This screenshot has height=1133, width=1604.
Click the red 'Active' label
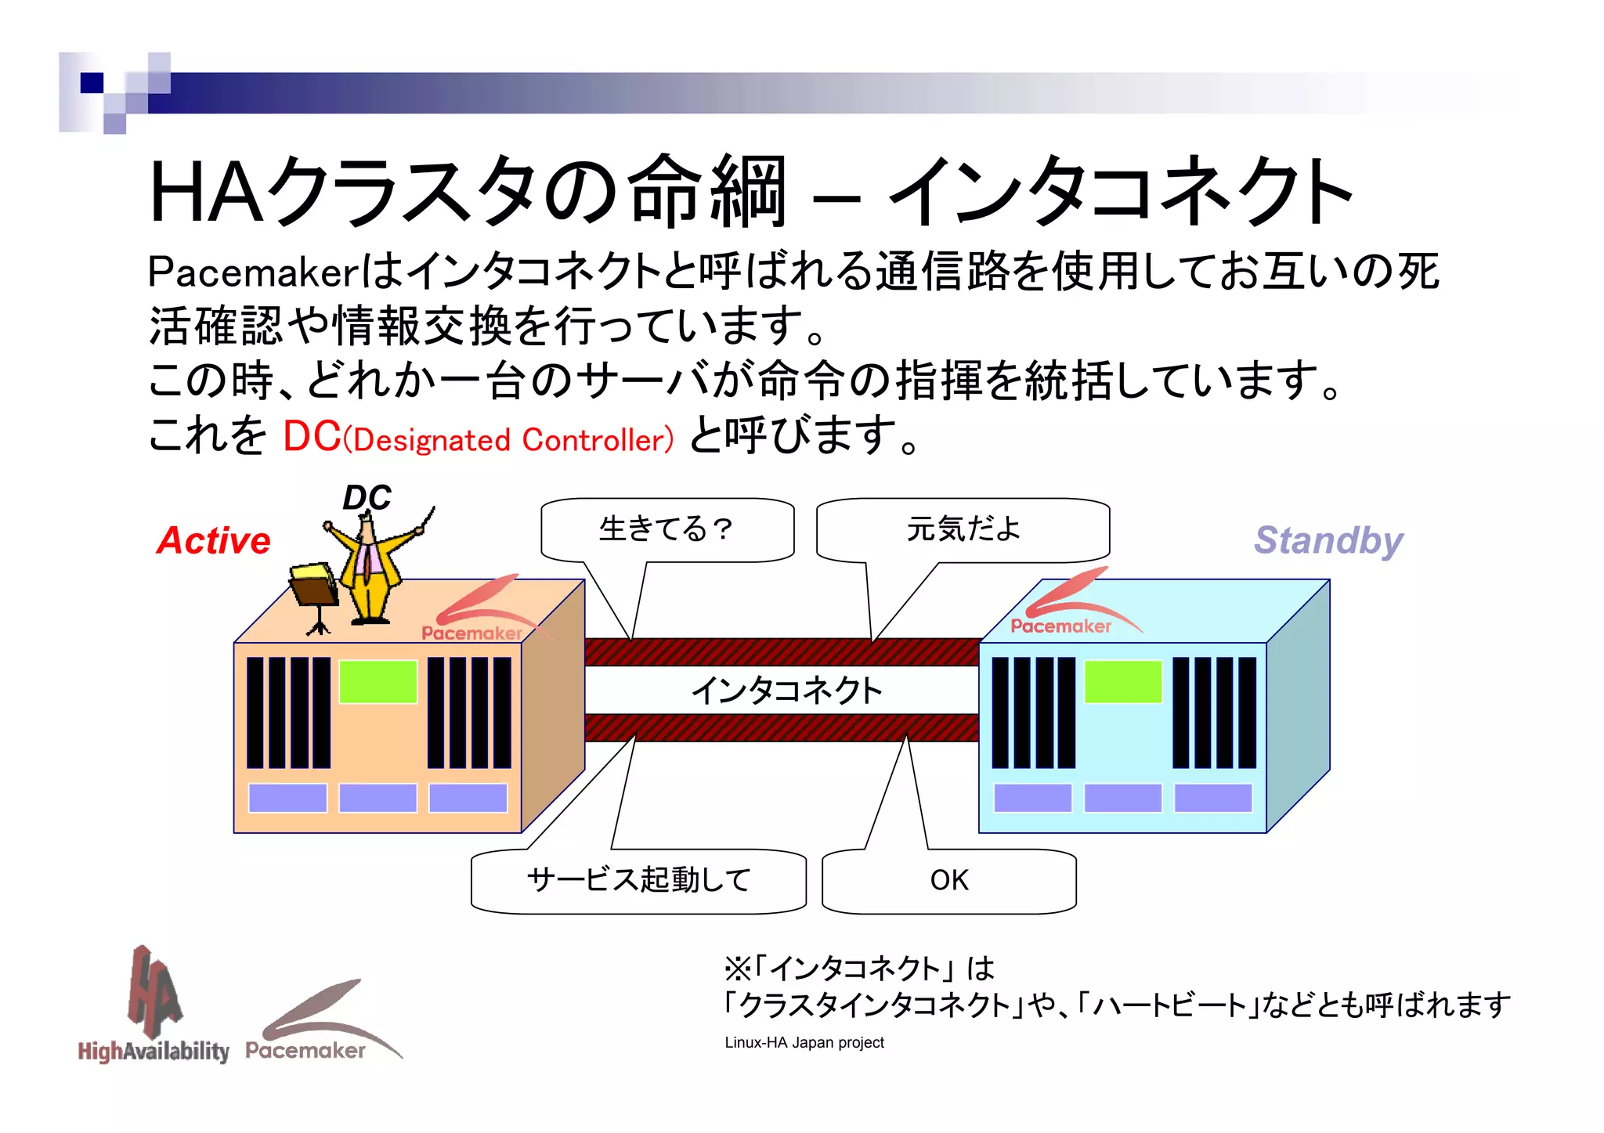tap(213, 540)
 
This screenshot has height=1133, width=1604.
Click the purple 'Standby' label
tap(1328, 540)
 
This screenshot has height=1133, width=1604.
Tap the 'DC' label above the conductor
tap(367, 498)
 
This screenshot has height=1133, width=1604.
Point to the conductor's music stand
tap(314, 591)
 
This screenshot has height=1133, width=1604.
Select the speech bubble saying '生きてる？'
tap(667, 530)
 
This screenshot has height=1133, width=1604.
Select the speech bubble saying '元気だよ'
tap(963, 530)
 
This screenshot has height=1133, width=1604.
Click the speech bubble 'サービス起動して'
tap(638, 880)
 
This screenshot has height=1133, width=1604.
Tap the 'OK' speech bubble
tap(949, 880)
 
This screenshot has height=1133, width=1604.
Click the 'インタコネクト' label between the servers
tap(786, 690)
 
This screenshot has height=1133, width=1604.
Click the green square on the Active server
tap(378, 681)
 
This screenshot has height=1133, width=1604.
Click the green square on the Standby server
tap(1122, 681)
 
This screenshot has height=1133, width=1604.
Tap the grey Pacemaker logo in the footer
tap(313, 1026)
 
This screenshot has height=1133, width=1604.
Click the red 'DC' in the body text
tap(311, 436)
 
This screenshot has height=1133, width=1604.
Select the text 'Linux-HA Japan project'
tap(804, 1043)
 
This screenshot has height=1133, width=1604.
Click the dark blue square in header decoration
tap(92, 82)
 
